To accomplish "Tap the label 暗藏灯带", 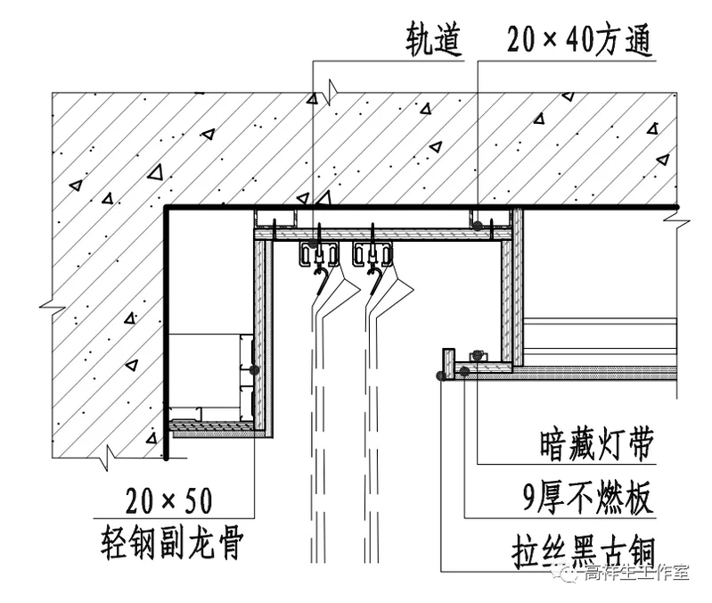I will point(596,443).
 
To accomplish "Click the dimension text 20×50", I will point(169,501).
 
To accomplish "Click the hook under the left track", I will point(319,284).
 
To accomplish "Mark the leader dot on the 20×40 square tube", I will point(479,225).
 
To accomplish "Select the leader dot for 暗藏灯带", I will point(477,356).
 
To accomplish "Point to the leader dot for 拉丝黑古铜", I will point(442,376).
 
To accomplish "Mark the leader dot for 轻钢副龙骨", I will point(255,368).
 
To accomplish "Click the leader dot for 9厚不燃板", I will point(464,369).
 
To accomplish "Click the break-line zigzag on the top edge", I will point(331,90).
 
